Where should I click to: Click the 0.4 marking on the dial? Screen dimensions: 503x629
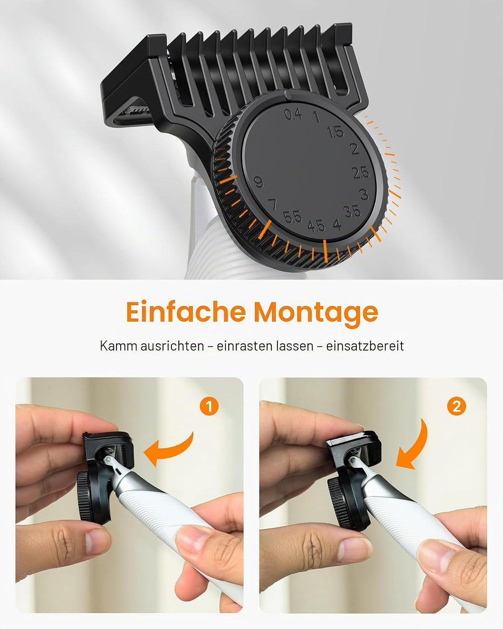click(293, 114)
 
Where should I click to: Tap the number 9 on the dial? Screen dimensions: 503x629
click(258, 182)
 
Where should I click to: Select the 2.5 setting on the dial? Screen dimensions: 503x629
click(360, 173)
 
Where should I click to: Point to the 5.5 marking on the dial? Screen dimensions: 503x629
click(292, 217)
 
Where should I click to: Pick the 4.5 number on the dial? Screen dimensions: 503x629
click(316, 226)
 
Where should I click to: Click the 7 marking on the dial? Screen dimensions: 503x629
click(272, 205)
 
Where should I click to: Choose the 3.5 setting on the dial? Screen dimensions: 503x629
click(352, 212)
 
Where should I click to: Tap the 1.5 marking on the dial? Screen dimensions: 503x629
click(335, 132)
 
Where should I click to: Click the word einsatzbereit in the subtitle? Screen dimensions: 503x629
click(365, 346)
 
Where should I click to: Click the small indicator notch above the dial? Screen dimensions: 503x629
click(288, 95)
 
